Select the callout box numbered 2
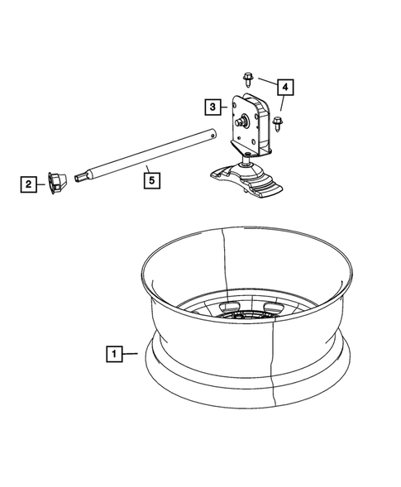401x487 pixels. (x=29, y=184)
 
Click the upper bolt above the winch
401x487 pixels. (x=247, y=79)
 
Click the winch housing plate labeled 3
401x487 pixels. (x=252, y=124)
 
